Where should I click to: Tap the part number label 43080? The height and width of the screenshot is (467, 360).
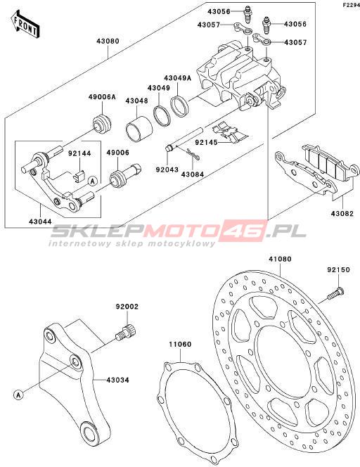(x=108, y=41)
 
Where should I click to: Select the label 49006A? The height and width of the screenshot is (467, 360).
(x=102, y=97)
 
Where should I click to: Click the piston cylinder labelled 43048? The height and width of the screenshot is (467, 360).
(x=139, y=129)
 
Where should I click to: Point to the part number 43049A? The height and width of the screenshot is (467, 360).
(x=178, y=78)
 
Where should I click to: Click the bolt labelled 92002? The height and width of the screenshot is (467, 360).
(x=126, y=331)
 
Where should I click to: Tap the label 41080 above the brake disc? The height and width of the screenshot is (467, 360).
(x=280, y=259)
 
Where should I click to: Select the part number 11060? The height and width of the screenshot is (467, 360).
(x=180, y=345)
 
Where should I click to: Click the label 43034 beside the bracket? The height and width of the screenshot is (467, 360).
(x=117, y=380)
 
